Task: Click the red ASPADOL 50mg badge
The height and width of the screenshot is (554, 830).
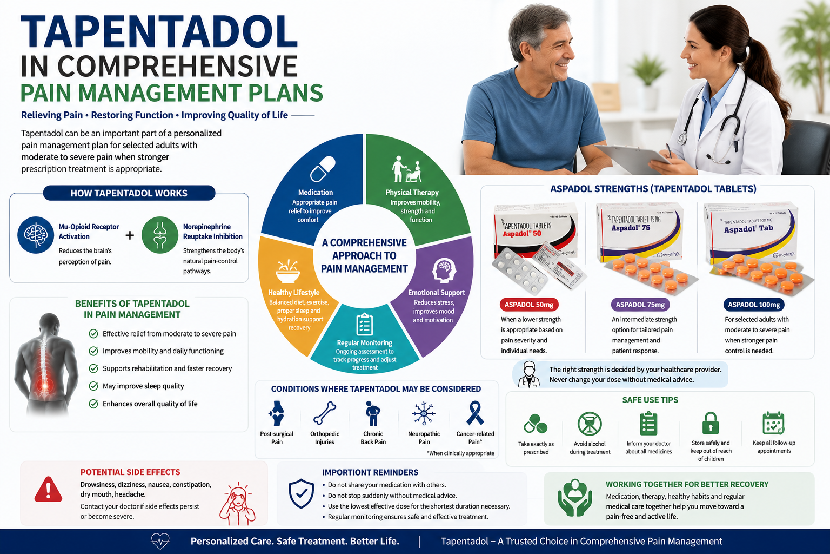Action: (529, 305)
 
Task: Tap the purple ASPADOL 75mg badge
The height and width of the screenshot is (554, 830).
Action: (640, 305)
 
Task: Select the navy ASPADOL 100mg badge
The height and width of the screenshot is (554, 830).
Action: (754, 305)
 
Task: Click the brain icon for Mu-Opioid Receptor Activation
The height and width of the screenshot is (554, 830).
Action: (36, 235)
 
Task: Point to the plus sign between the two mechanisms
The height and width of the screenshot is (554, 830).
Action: (130, 235)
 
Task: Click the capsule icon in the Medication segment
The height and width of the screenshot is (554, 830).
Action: (323, 169)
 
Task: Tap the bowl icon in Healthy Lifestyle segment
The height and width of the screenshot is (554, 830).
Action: (287, 272)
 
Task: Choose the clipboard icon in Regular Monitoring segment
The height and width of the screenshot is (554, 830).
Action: (364, 324)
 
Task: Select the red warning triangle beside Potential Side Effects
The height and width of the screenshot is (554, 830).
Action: (48, 490)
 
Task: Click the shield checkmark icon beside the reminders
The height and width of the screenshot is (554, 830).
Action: (301, 493)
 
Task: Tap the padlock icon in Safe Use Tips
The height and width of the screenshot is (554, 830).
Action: (711, 423)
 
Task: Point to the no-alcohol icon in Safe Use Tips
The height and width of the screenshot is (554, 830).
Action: (590, 424)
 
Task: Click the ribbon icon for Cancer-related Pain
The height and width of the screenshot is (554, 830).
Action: (475, 413)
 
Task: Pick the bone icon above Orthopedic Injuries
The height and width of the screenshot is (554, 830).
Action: (325, 413)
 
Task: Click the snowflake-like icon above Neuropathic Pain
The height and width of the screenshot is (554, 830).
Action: (424, 413)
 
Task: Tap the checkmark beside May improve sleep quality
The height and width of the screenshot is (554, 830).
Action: (93, 386)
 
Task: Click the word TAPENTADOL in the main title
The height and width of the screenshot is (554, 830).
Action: (159, 32)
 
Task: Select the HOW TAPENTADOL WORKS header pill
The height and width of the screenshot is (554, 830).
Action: (129, 193)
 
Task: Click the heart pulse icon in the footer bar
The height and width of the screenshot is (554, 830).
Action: (160, 541)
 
